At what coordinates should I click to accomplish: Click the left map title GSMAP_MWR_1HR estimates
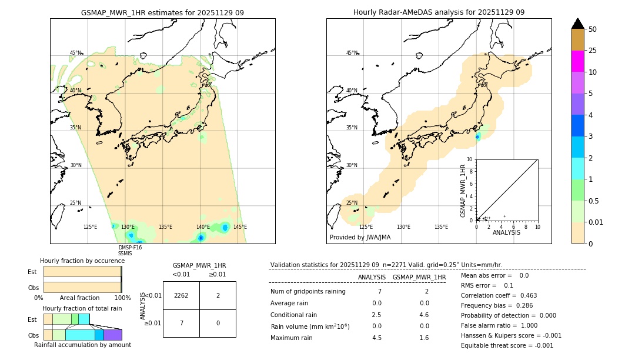162,12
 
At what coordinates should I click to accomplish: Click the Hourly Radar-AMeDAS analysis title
439,12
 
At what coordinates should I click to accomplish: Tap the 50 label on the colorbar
593,29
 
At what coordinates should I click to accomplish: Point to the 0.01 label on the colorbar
596,222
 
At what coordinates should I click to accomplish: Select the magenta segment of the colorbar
577,61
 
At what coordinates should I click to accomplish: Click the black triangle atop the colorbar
577,24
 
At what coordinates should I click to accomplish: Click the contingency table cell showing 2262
181,295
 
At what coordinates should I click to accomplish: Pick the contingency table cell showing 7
181,324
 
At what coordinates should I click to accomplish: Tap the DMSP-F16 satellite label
130,248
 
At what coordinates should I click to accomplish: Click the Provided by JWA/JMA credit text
360,238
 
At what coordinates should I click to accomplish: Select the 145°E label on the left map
240,227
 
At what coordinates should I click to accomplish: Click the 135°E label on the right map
441,227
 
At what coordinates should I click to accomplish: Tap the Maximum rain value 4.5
376,338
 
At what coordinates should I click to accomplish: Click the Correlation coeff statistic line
499,295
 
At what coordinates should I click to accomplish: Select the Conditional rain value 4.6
423,315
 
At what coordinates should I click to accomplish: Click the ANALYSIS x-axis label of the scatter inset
506,232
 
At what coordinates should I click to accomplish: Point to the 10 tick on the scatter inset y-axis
470,159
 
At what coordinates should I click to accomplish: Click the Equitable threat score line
507,345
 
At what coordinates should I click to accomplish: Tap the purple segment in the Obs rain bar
112,335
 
